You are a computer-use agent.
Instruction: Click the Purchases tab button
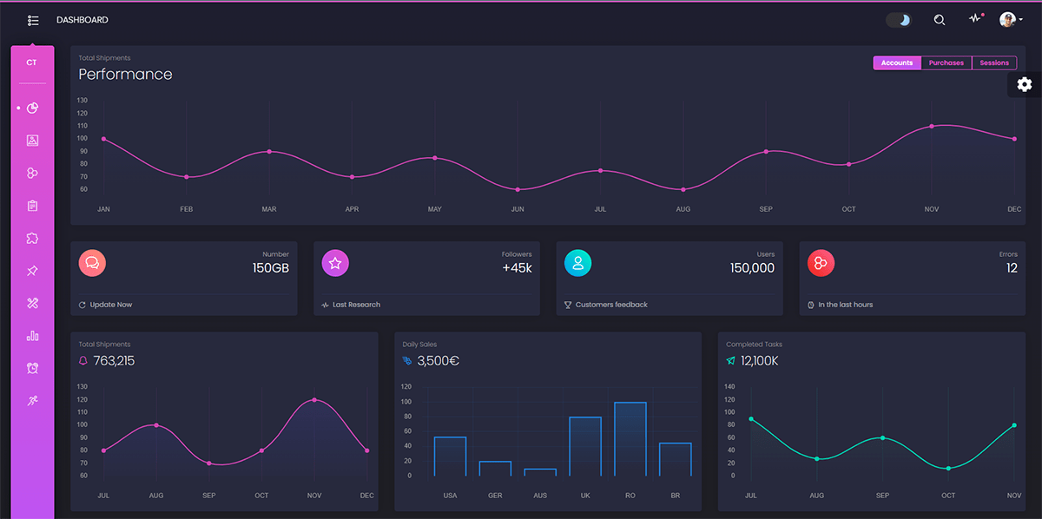[946, 62]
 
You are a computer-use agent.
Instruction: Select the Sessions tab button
[994, 62]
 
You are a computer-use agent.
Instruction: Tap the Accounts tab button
[897, 62]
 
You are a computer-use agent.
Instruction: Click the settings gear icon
[1025, 84]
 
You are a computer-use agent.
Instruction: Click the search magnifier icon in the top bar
[939, 20]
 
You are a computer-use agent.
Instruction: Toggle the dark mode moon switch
[899, 20]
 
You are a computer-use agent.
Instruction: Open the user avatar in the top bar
[1007, 20]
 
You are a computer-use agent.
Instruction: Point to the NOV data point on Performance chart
[932, 126]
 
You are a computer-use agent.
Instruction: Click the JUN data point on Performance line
[518, 189]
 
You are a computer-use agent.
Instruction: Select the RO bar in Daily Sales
[630, 438]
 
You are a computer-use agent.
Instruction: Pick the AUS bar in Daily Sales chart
[540, 472]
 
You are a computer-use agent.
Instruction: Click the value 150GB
[270, 268]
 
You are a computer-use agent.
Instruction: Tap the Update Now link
[110, 305]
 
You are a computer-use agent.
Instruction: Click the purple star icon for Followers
[335, 263]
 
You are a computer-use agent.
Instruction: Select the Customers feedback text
[611, 305]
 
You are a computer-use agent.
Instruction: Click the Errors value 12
[1012, 268]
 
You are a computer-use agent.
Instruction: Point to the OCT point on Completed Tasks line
[948, 469]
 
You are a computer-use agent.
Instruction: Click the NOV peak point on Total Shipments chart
[314, 400]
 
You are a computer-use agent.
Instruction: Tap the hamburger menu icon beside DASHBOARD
[33, 20]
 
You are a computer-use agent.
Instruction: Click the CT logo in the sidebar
[32, 62]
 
